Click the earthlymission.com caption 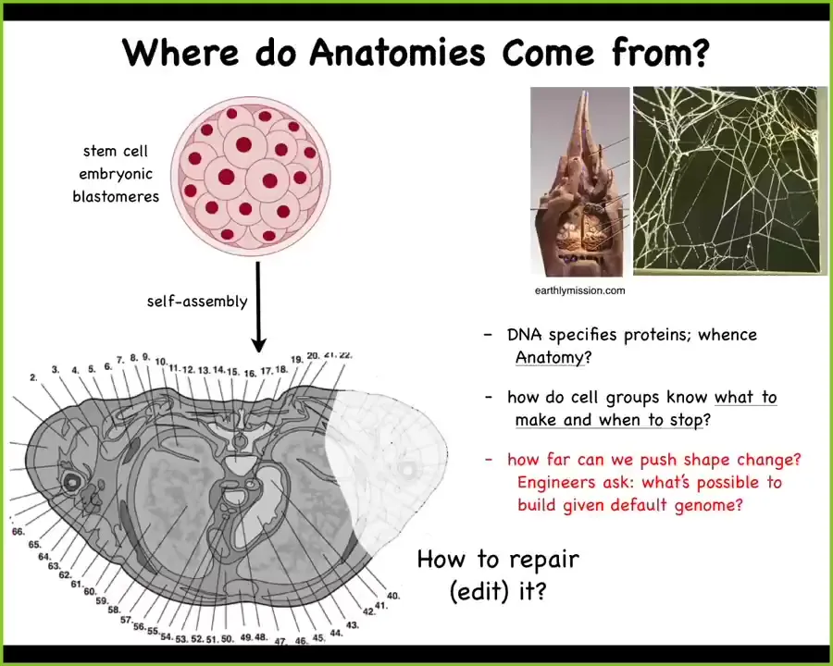click(579, 290)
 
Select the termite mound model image click(579, 181)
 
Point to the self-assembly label click(197, 302)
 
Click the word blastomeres click(116, 196)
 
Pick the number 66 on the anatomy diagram click(19, 531)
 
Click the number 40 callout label click(393, 596)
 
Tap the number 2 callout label click(33, 377)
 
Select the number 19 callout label click(296, 360)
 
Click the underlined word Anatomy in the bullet click(549, 357)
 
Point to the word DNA click(525, 335)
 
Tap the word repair click(544, 561)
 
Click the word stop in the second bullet click(687, 420)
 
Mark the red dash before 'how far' click(488, 460)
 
